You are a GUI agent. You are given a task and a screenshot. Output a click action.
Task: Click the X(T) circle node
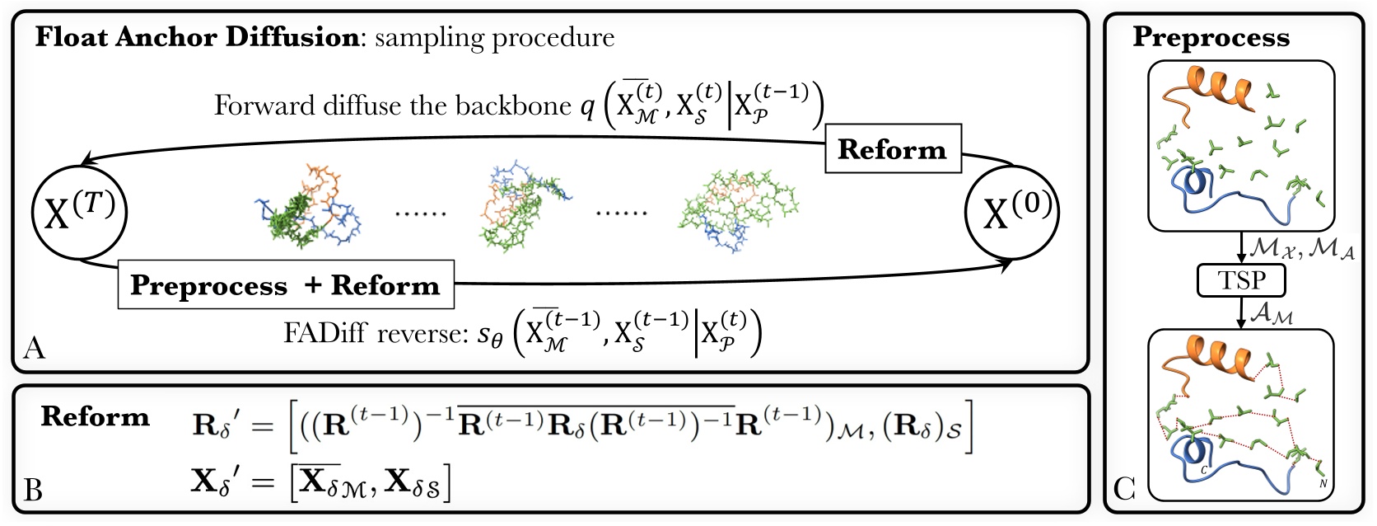[x=79, y=213]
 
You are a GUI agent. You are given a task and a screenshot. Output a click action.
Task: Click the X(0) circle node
[x=1011, y=213]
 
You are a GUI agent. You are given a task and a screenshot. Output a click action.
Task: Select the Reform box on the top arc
[x=893, y=149]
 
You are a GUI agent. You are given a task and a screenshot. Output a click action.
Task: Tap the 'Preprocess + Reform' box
[x=286, y=284]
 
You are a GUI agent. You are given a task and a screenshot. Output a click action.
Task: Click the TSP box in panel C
[x=1240, y=280]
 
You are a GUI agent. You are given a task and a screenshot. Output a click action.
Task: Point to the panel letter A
[x=34, y=348]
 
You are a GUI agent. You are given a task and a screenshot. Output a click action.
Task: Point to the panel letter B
[x=34, y=490]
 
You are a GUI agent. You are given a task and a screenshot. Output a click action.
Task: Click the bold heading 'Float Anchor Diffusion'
[x=196, y=37]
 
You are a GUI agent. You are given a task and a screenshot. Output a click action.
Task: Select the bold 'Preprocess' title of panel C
[x=1211, y=37]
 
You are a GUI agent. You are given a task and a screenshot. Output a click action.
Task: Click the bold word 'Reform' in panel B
[x=96, y=416]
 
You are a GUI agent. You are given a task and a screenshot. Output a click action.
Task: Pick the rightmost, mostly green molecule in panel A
[x=737, y=210]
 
